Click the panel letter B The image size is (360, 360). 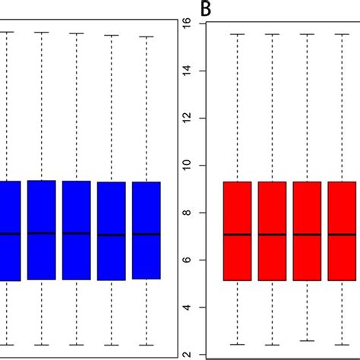point(205,9)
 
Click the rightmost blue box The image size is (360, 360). point(146,230)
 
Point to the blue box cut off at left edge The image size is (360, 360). point(9,230)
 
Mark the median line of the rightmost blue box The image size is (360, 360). point(146,235)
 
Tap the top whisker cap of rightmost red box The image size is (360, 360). point(342,34)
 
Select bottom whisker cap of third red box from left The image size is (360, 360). point(307,341)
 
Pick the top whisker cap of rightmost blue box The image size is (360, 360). point(146,36)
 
